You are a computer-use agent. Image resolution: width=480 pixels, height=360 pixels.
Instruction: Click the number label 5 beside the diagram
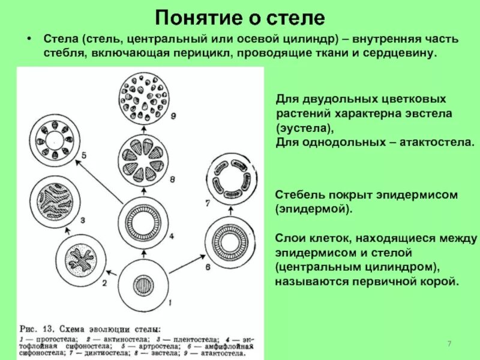click(x=83, y=155)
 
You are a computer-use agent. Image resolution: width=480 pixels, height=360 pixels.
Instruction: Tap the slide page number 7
click(x=448, y=342)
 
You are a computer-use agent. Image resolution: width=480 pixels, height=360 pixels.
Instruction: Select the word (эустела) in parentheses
click(x=304, y=128)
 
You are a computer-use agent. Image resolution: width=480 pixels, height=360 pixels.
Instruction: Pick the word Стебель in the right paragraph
click(x=301, y=196)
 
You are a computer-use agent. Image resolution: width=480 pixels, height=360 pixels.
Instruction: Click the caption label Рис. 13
click(x=39, y=329)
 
